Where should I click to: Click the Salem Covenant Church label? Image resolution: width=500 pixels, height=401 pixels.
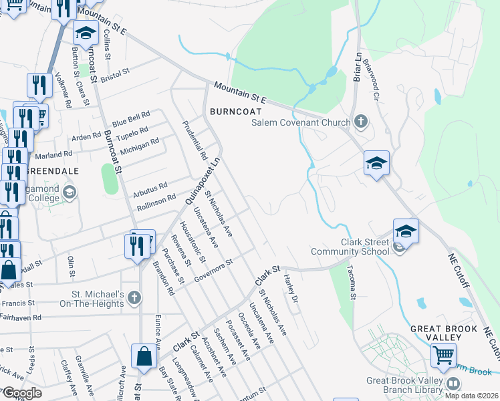300,122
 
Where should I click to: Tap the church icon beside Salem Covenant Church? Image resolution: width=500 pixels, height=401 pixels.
361,122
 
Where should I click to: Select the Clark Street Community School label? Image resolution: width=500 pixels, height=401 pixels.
350,247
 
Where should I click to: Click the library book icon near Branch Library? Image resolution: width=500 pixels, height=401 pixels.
453,384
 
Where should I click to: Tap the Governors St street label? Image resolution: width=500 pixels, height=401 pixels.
212,269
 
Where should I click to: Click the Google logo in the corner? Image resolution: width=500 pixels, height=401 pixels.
22,393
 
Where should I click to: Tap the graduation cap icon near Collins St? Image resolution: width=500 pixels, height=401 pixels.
86,31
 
